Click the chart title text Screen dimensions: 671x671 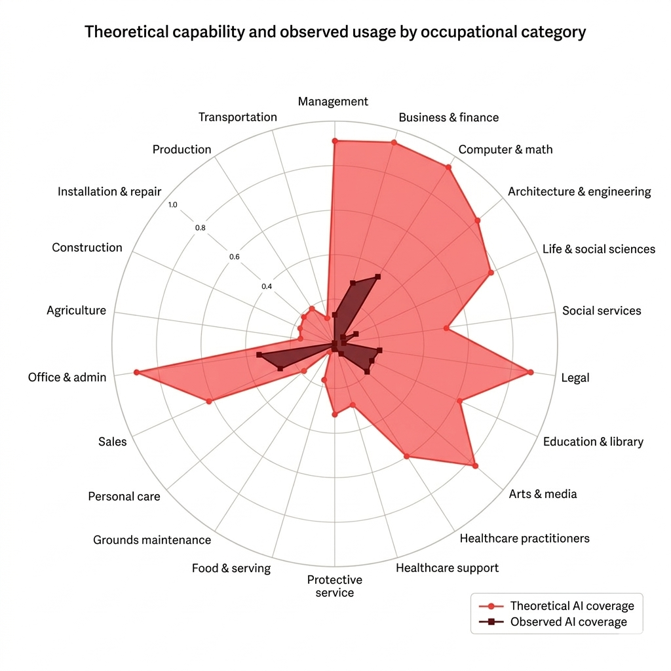click(x=335, y=32)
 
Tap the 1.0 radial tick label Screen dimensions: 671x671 click(x=172, y=205)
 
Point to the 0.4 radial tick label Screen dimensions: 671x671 click(x=267, y=286)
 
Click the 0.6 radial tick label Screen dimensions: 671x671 click(x=235, y=257)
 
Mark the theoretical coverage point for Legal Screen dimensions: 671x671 click(x=530, y=372)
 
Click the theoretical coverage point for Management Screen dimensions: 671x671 click(x=334, y=141)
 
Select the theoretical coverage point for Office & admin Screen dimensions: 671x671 click(x=136, y=372)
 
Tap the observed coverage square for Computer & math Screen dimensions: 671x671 click(x=377, y=277)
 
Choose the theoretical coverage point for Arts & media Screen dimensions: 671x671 click(x=475, y=466)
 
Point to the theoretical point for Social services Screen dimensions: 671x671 click(x=446, y=328)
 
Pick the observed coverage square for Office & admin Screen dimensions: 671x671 click(x=259, y=355)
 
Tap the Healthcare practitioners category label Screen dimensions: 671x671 click(x=524, y=539)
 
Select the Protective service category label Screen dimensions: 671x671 click(x=334, y=586)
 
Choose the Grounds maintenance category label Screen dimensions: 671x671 click(x=152, y=540)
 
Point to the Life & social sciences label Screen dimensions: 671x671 click(x=598, y=249)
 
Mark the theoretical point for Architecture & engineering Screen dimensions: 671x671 click(x=477, y=220)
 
